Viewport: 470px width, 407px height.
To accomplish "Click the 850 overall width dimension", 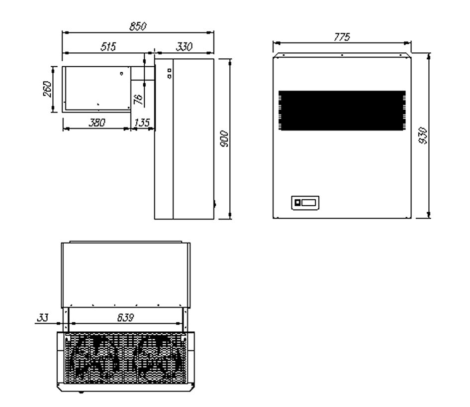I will click(137, 27).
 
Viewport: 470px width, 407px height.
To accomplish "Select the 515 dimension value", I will click(108, 47).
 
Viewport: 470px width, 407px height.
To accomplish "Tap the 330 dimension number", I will click(185, 47).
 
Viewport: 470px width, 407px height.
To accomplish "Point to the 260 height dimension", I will click(48, 90).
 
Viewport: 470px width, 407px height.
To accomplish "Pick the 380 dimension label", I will click(96, 123).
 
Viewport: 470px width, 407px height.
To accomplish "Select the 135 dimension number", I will click(142, 123).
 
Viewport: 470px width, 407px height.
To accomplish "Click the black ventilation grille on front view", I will click(342, 111).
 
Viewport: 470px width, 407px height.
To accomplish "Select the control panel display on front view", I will click(305, 203).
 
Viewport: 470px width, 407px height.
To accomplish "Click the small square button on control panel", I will click(298, 203).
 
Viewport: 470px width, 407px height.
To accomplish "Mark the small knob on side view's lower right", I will click(215, 203).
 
